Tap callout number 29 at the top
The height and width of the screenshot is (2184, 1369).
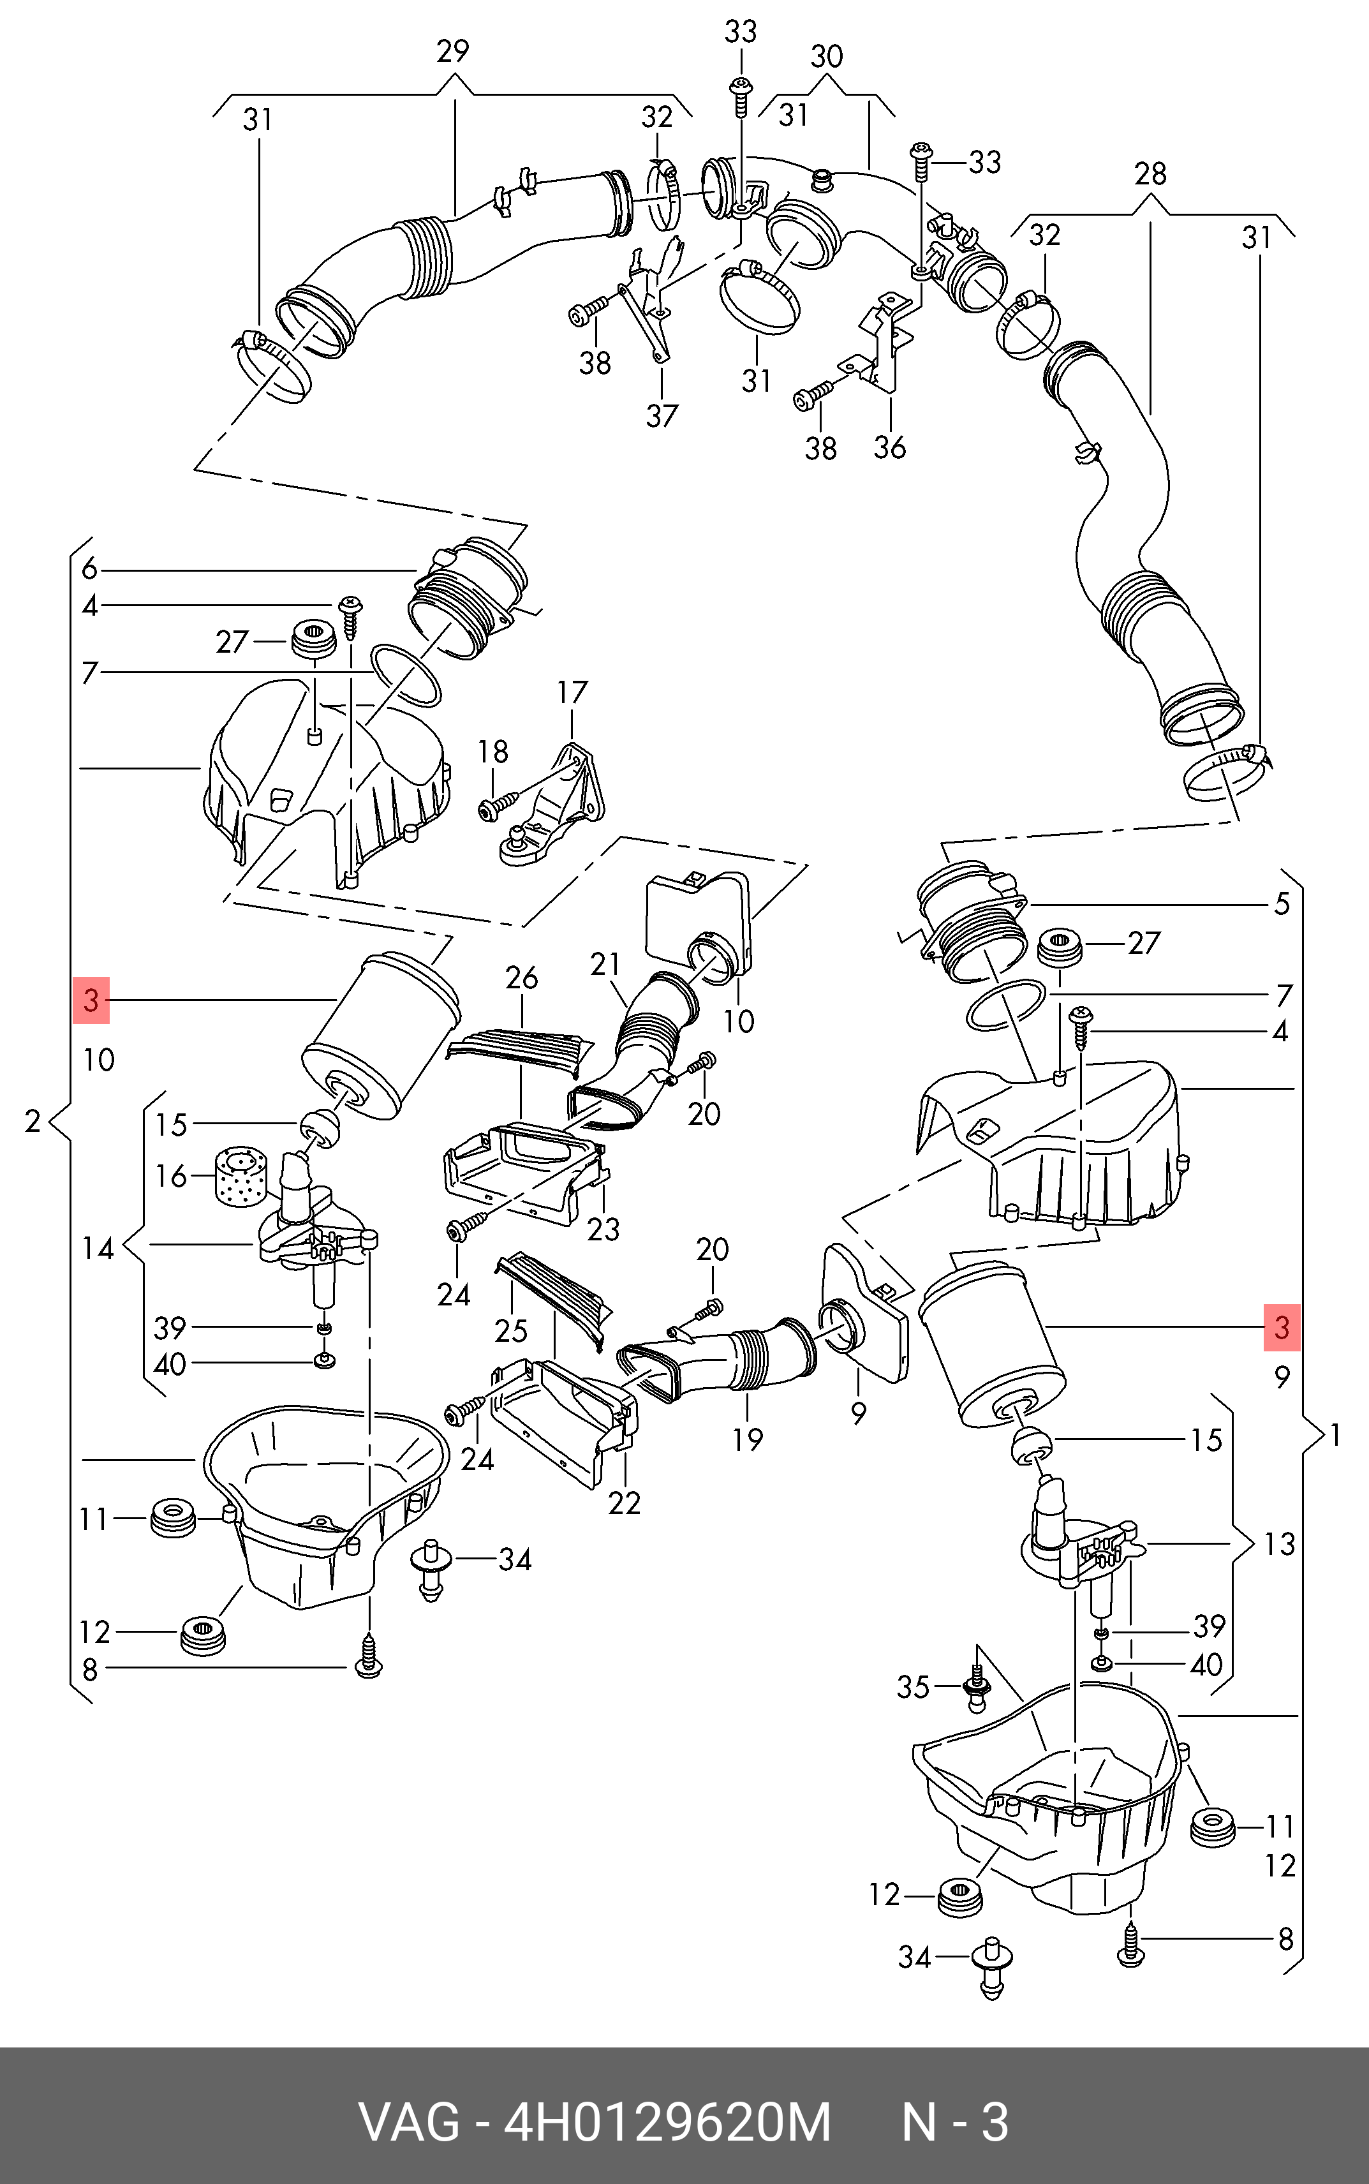click(453, 52)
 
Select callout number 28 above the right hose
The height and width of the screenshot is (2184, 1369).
click(1150, 173)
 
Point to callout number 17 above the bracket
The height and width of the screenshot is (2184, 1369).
click(572, 693)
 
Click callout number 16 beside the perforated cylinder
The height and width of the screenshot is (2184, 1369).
click(171, 1176)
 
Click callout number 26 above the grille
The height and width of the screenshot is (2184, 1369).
click(522, 978)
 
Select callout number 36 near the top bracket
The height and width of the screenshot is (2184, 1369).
click(889, 447)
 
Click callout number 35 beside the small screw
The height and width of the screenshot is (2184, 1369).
click(913, 1687)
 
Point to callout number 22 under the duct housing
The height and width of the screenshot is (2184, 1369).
click(624, 1503)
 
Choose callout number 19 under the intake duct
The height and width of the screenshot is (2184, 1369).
click(748, 1439)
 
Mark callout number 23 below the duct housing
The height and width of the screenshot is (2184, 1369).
click(603, 1229)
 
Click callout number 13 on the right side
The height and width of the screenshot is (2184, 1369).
click(1279, 1544)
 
